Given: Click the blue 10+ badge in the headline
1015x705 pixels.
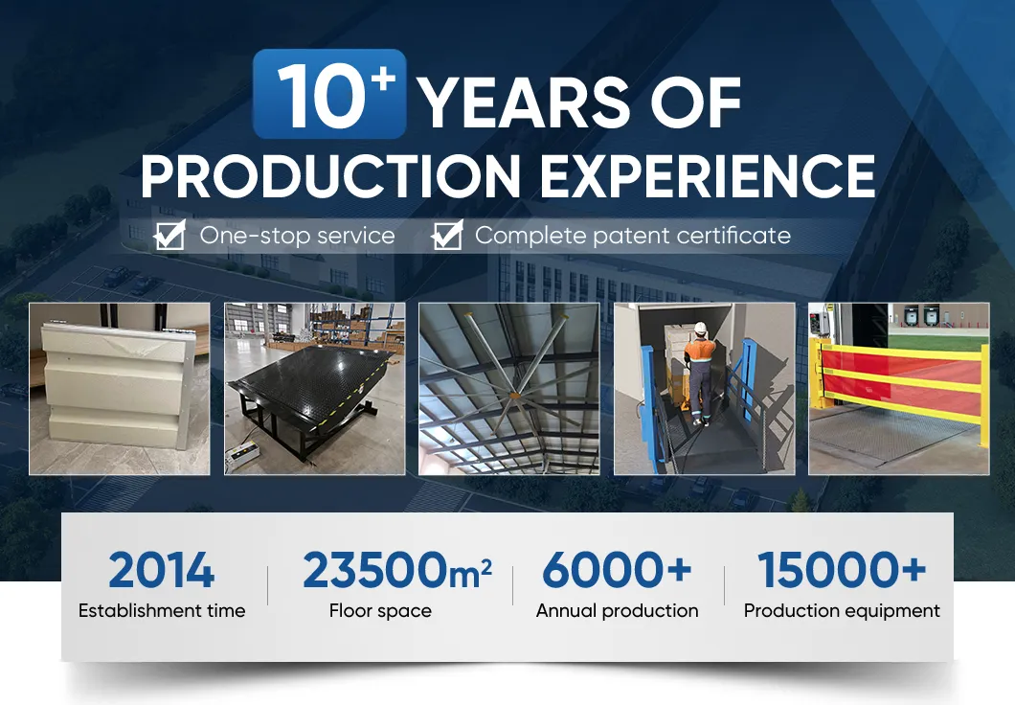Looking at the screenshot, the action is pos(329,94).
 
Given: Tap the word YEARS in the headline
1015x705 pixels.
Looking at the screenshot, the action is pos(524,102).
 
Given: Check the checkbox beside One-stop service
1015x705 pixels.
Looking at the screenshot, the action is pos(169,235).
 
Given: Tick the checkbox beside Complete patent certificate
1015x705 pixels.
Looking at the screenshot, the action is pos(447,235).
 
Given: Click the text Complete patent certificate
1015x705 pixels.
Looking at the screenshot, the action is pos(632,236).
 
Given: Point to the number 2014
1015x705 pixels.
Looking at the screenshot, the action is pos(161,570).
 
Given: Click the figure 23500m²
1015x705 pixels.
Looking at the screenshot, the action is pos(396,570).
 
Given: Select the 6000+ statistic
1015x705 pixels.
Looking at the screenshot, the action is pos(617,570).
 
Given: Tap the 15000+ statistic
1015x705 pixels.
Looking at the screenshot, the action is pos(842,570).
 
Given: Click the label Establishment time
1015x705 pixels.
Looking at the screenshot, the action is pos(162,610).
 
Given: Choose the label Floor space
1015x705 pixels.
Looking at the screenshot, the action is pos(380,611).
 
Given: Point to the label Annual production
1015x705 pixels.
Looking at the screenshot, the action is pos(617,611).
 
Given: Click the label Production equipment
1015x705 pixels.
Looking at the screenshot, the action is pos(842,611).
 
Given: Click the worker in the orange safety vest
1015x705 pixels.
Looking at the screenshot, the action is pos(700,375).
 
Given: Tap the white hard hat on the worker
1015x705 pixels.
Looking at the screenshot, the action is pos(700,328).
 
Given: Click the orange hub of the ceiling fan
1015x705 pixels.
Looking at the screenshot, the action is pos(514,395).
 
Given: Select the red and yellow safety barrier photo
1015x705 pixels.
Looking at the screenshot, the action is pos(898,389).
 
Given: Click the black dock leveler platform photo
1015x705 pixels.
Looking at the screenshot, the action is pos(315,389).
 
